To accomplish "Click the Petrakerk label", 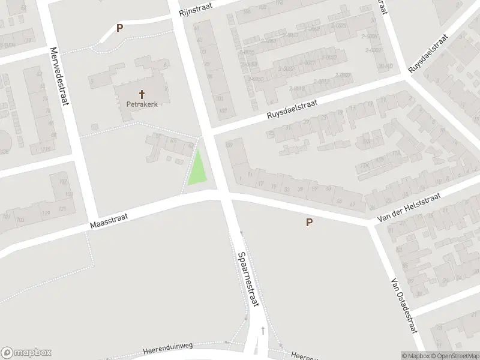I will tap(142, 104).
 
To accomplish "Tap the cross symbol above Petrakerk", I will tap(142, 94).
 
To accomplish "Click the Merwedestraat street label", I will tap(59, 76).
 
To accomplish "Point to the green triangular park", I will tap(198, 170).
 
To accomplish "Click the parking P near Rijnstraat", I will tap(119, 28).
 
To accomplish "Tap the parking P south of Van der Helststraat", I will tap(310, 223).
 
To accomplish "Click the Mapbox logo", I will tap(25, 353).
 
